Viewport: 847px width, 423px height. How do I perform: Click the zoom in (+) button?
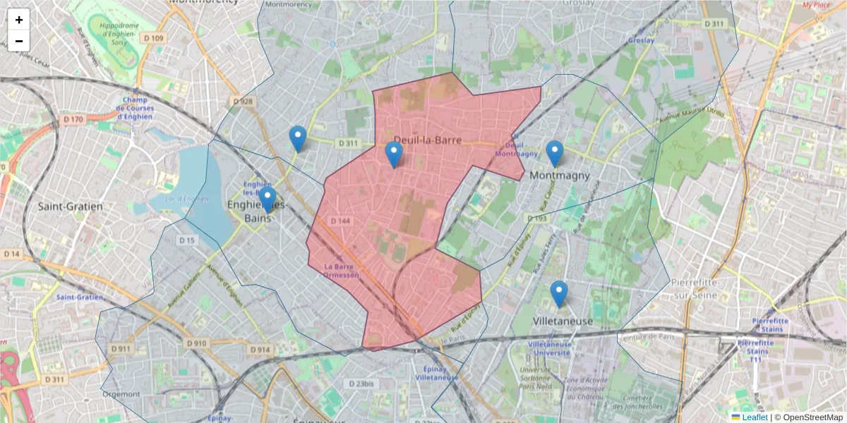click(19, 20)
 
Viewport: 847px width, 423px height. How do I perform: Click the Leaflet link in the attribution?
click(755, 417)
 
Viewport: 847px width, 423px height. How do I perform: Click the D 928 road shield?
click(242, 102)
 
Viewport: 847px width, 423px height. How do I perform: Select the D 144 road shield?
click(340, 221)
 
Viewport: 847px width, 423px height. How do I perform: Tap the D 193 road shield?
click(536, 219)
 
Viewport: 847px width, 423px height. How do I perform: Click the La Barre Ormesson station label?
click(342, 271)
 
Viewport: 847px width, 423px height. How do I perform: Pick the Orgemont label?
click(121, 393)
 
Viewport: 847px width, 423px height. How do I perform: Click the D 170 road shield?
click(73, 119)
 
